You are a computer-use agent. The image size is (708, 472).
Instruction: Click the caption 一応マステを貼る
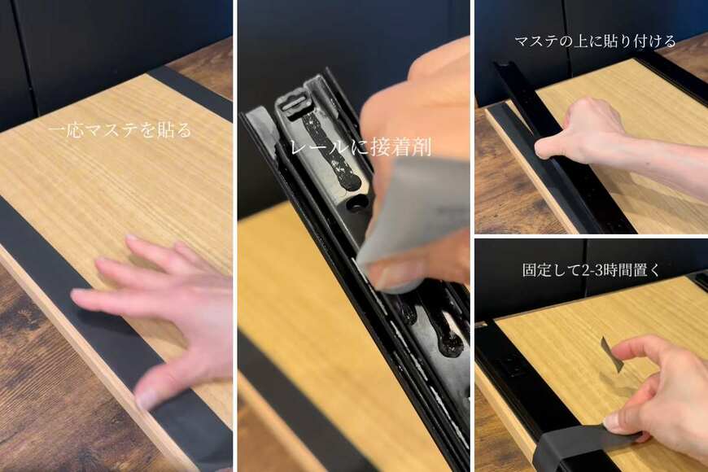pyautogui.click(x=119, y=130)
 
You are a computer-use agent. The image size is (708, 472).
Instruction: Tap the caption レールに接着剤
pyautogui.click(x=361, y=147)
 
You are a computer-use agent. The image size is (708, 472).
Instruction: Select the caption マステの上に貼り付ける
pyautogui.click(x=594, y=40)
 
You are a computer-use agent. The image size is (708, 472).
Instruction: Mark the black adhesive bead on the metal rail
pyautogui.click(x=330, y=151)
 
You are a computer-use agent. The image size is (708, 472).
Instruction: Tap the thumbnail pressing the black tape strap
pyautogui.click(x=614, y=424)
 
